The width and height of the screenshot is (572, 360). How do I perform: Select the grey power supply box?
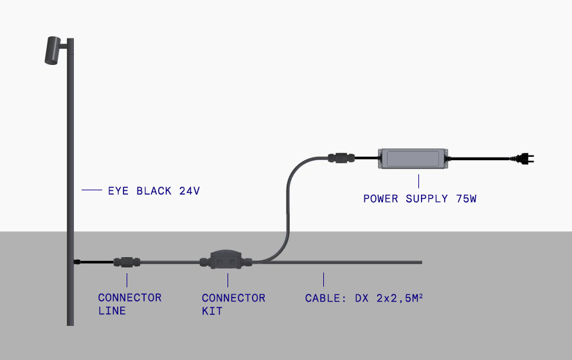[414, 158]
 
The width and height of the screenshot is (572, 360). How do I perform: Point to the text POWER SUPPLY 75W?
[420, 199]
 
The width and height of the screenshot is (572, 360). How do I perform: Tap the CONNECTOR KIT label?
[233, 304]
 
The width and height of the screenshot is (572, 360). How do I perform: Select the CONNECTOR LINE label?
[129, 304]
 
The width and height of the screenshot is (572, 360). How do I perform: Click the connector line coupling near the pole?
[127, 262]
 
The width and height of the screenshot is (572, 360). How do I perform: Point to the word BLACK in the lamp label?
[154, 191]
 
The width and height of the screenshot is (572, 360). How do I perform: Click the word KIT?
[212, 311]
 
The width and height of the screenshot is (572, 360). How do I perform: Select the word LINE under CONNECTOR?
[112, 311]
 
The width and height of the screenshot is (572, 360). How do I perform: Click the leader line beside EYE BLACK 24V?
[92, 190]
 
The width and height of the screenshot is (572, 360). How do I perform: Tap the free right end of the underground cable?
[420, 262]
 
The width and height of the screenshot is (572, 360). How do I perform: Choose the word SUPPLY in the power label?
[427, 199]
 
